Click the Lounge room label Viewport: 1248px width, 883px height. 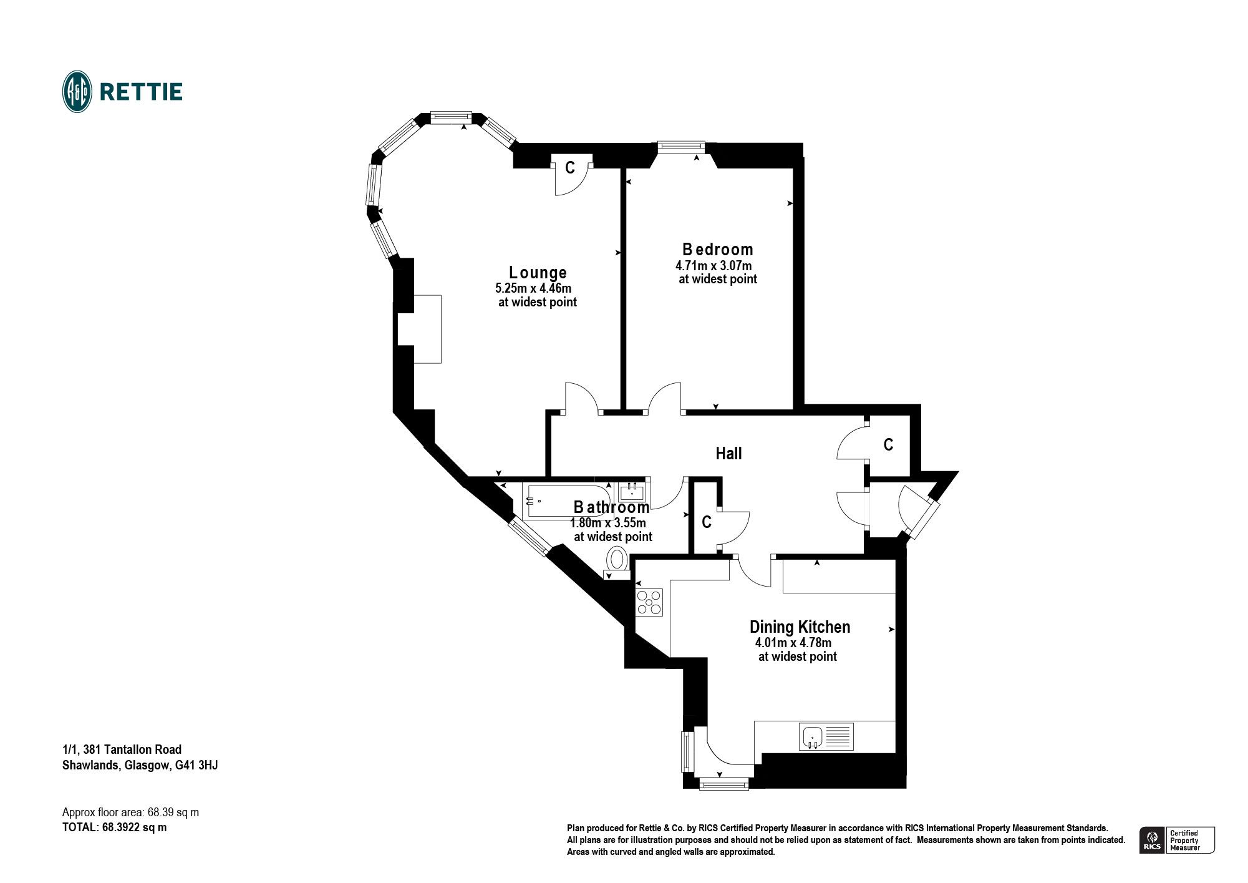538,273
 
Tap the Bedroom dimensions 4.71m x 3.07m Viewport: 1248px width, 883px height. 713,266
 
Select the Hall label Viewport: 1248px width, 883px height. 728,454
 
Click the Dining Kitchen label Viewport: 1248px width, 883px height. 800,627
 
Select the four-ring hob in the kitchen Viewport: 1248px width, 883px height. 649,602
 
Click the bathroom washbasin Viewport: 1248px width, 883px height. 632,490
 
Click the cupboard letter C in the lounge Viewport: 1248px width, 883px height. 569,168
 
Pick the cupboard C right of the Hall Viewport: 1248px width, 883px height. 888,445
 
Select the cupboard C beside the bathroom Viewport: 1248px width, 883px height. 707,522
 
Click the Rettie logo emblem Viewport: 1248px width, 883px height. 77,92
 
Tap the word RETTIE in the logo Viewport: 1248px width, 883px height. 141,92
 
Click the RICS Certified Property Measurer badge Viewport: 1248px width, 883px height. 1177,840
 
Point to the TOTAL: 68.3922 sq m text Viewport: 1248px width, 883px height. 115,827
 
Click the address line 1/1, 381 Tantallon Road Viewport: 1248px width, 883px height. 122,749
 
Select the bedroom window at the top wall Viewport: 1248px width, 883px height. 682,147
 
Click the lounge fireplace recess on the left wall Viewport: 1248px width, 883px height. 419,329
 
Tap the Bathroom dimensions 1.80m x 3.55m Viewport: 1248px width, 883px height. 608,523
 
